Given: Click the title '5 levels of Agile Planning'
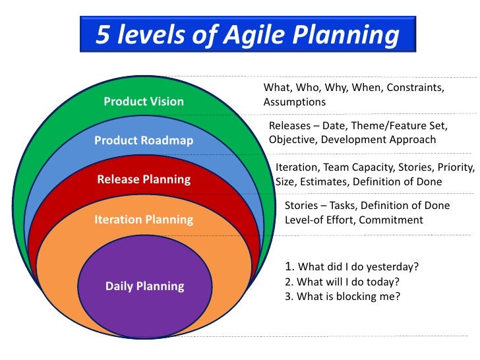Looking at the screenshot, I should [x=247, y=35].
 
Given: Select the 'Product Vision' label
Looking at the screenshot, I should [x=144, y=102].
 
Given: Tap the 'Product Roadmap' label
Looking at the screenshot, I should [x=144, y=140].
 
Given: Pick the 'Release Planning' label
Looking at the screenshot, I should [x=144, y=179].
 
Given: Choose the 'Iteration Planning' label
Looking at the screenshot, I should [x=144, y=219].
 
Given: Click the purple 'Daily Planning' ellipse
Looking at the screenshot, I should [x=144, y=286].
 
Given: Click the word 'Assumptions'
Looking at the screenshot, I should [x=294, y=102].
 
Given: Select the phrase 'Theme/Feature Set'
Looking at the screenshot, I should [x=405, y=125].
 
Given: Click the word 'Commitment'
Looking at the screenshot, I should [x=392, y=220].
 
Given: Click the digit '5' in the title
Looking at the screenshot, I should [x=104, y=35].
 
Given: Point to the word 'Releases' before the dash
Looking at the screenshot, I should [x=290, y=125].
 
